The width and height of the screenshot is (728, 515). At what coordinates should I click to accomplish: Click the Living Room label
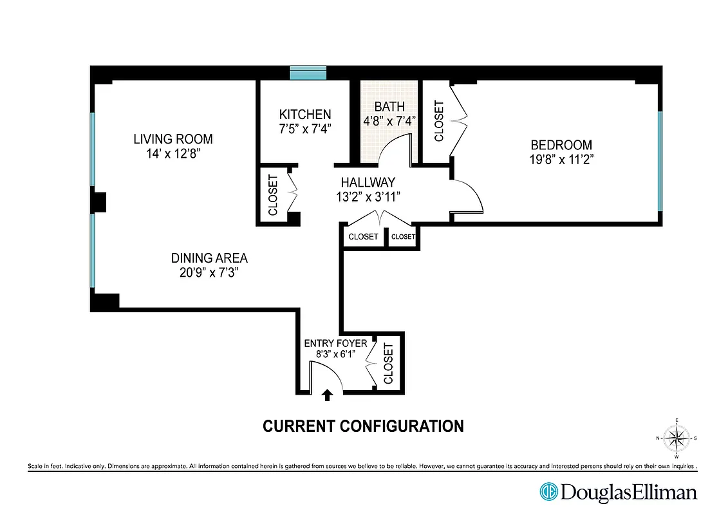tap(173, 139)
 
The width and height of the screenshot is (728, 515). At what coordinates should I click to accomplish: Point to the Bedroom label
tap(561, 145)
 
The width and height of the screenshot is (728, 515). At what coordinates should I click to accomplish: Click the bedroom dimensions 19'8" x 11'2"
tap(561, 160)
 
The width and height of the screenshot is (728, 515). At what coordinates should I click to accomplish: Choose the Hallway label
tap(368, 183)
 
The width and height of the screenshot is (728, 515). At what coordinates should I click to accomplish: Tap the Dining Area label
tap(209, 258)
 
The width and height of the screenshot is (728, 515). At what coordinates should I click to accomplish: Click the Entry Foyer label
tap(335, 343)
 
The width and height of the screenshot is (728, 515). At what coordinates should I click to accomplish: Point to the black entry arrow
tap(327, 395)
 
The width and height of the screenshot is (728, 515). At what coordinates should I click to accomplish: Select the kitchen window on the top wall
tap(308, 73)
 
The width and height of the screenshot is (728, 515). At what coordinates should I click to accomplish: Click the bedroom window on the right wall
tap(660, 161)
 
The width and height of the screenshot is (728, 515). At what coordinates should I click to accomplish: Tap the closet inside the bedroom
tap(439, 120)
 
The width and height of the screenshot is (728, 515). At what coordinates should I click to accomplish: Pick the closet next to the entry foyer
tap(388, 363)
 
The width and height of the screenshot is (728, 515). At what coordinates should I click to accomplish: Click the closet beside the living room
tap(272, 195)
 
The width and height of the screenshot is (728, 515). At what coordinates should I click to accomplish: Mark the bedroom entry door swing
tap(468, 196)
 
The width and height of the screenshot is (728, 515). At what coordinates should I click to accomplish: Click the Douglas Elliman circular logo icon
tap(548, 492)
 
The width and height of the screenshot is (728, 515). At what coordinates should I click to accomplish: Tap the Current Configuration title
tap(363, 426)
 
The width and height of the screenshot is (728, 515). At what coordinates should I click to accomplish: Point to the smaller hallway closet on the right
tap(403, 237)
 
